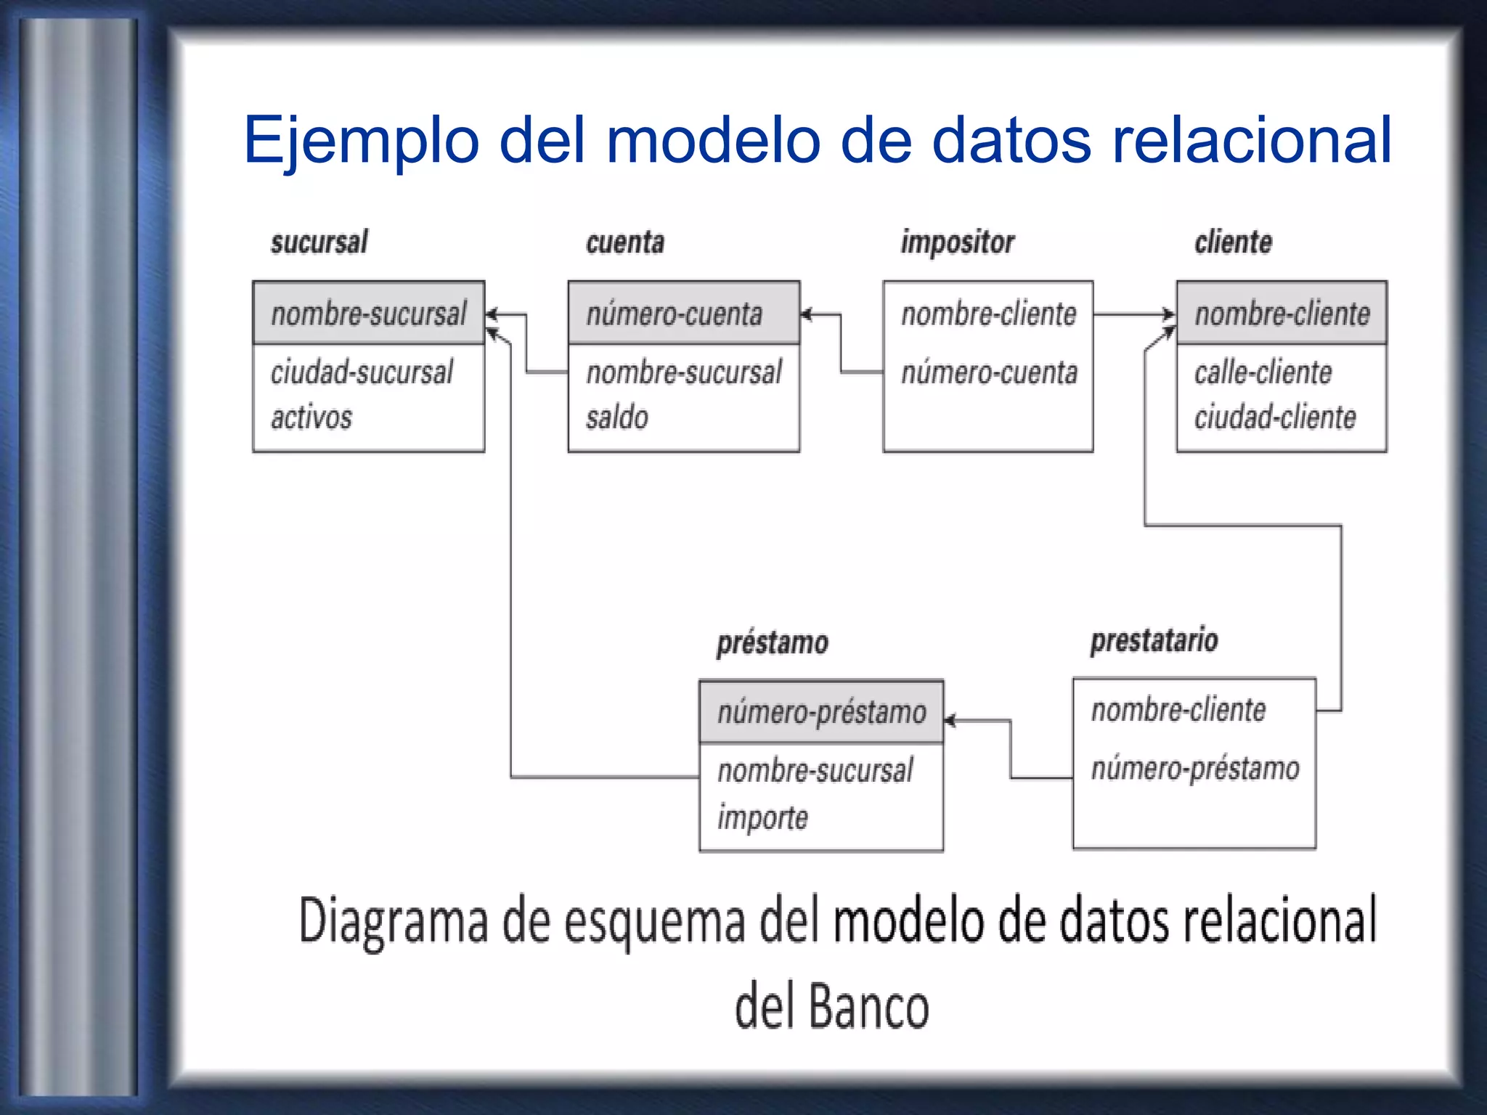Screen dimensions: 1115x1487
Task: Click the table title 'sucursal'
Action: tap(319, 242)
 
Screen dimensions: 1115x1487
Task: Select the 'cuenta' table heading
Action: tap(625, 242)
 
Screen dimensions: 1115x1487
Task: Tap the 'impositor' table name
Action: tap(957, 242)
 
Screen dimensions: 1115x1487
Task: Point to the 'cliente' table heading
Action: tap(1233, 242)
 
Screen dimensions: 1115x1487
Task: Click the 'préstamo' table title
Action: tap(772, 643)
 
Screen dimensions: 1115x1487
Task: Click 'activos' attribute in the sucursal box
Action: tap(311, 417)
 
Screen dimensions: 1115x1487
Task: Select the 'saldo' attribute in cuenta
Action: tap(617, 417)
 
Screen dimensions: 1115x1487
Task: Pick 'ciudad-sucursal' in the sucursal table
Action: tap(362, 372)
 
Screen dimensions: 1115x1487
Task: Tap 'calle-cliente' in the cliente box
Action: tap(1263, 372)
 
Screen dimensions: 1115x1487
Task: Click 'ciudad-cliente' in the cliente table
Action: tap(1275, 417)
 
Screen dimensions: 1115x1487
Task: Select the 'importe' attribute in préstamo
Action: tap(762, 818)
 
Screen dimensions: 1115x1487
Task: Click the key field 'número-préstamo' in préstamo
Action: tap(821, 712)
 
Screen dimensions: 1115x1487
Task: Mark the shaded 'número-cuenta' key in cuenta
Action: tap(674, 314)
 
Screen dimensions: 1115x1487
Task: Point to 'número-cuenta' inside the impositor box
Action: tap(989, 372)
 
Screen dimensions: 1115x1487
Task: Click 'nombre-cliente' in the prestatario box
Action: tap(1178, 710)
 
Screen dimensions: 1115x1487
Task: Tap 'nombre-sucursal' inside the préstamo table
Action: tap(815, 771)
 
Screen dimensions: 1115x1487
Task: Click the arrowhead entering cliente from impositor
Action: tap(1168, 315)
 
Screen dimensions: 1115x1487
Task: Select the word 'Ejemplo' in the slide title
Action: tap(361, 140)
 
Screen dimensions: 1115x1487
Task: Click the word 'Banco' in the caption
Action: tap(868, 1007)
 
